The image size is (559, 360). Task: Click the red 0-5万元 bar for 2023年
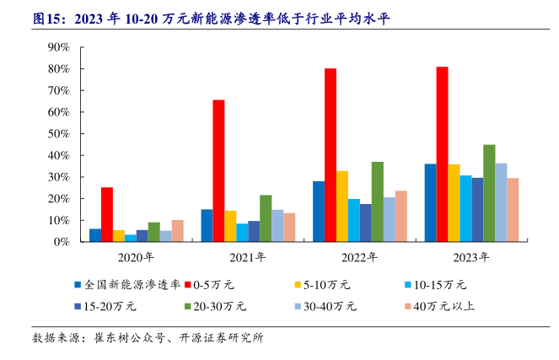tap(442, 154)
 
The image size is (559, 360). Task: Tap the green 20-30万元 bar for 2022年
tap(378, 201)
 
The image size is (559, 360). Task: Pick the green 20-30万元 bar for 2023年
tap(489, 193)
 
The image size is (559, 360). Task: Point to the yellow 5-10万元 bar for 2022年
tap(342, 207)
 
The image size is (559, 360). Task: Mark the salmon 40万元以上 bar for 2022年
tap(401, 216)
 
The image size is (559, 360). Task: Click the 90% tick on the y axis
tap(57, 47)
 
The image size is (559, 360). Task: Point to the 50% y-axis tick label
tap(57, 134)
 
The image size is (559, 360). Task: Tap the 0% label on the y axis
tap(61, 242)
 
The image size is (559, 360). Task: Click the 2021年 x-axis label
tap(248, 257)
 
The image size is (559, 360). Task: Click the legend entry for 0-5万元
tap(218, 285)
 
